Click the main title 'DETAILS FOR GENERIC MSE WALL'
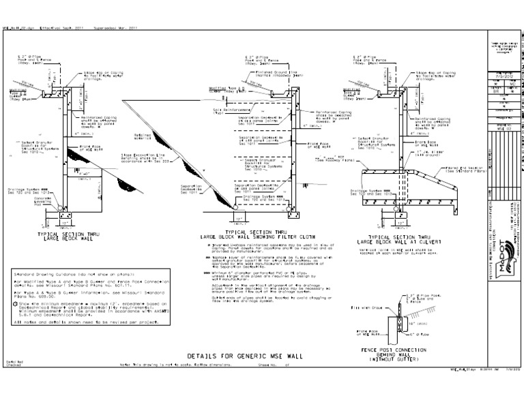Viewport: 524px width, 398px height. pyautogui.click(x=263, y=355)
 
